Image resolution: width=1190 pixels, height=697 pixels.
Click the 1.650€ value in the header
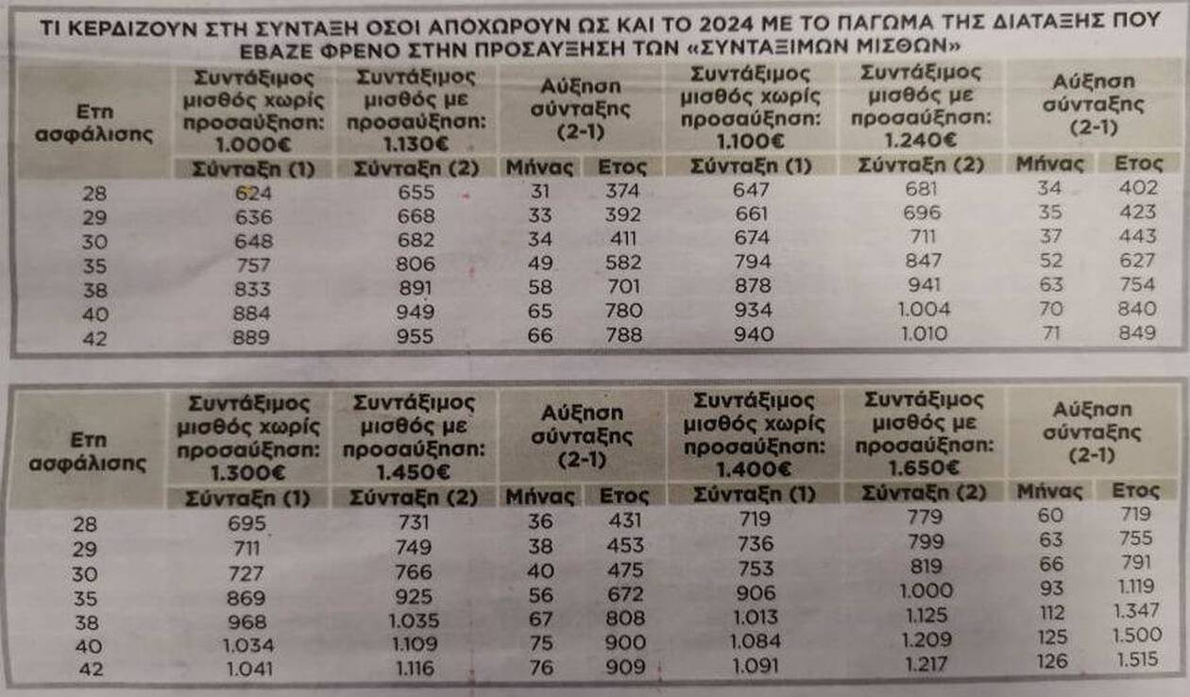pos(925,467)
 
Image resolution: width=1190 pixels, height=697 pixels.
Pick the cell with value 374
pos(624,192)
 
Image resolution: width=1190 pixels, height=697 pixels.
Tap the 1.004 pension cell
pos(924,309)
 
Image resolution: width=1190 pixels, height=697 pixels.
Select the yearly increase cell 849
pos(1135,332)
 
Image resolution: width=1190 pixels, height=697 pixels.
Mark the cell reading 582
pos(624,264)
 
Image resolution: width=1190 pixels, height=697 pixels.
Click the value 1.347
pos(1135,611)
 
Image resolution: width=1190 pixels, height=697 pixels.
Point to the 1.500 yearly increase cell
pos(1135,636)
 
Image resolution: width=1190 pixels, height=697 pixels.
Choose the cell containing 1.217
pos(924,663)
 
